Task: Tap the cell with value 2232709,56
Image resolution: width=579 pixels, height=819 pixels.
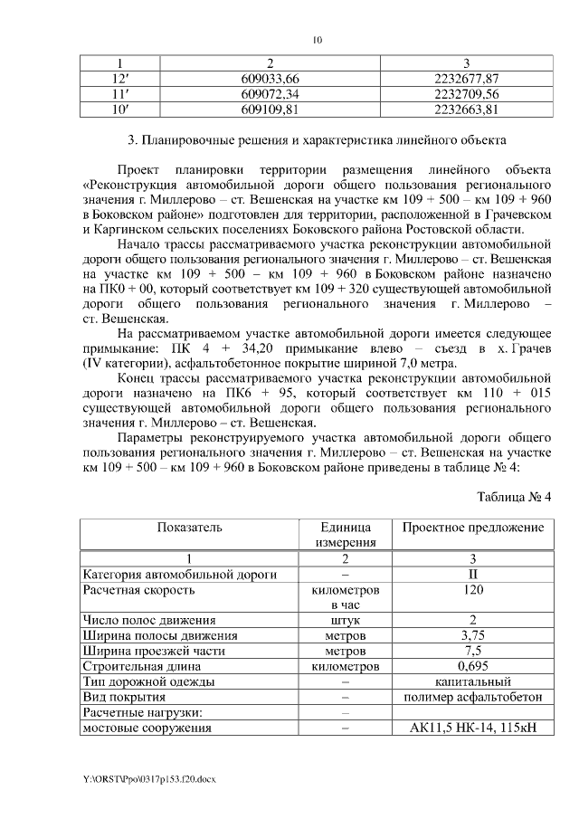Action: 467,94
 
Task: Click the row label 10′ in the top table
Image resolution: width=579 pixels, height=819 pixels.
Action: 117,109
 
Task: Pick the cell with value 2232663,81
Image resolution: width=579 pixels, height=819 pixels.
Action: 467,109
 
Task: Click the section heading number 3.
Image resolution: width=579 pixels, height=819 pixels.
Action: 132,140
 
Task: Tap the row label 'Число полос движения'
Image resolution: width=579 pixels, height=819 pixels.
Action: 149,620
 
